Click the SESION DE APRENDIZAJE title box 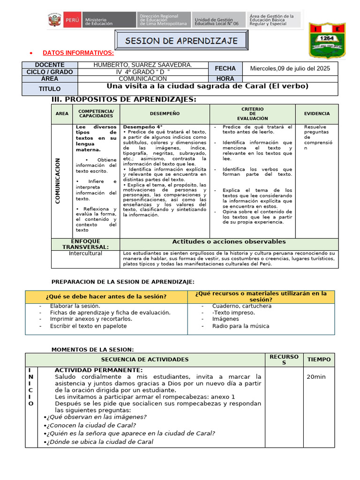(181, 41)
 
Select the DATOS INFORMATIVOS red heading (78, 52)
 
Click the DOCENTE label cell (50, 65)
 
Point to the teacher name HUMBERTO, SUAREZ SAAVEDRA (142, 65)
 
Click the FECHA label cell (225, 68)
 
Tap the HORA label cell (225, 79)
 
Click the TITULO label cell (50, 89)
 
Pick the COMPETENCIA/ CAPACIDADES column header (96, 113)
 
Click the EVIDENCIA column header (317, 113)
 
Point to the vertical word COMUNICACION (58, 180)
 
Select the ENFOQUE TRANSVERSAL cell (86, 244)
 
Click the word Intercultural (85, 254)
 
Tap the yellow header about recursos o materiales (261, 296)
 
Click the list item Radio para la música (240, 326)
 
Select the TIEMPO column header (319, 360)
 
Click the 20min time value (316, 377)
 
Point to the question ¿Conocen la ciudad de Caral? (91, 425)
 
